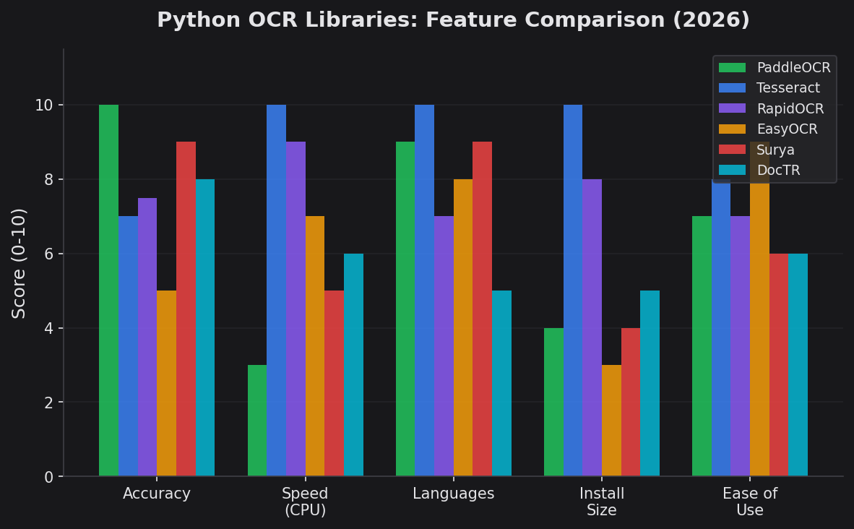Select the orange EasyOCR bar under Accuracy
coord(166,383)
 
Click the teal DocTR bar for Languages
coord(501,383)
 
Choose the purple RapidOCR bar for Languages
coord(444,346)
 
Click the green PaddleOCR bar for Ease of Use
coord(702,346)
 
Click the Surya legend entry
coord(775,150)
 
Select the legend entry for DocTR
coord(778,171)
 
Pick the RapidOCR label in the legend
coord(790,109)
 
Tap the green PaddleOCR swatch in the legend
coord(732,68)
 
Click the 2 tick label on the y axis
coord(49,403)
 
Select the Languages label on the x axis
coord(453,494)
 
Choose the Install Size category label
coord(601,502)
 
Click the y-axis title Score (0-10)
coord(20,263)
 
